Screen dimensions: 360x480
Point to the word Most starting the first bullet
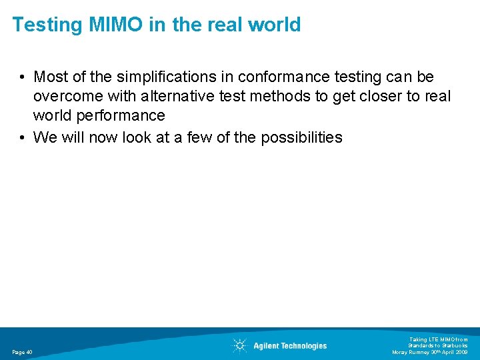click(x=51, y=78)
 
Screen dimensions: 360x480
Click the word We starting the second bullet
click(x=45, y=138)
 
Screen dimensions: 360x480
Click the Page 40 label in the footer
click(x=22, y=352)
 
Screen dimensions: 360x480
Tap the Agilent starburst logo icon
click(x=239, y=345)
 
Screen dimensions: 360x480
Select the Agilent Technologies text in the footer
click(x=290, y=346)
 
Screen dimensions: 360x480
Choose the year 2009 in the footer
click(x=461, y=352)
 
